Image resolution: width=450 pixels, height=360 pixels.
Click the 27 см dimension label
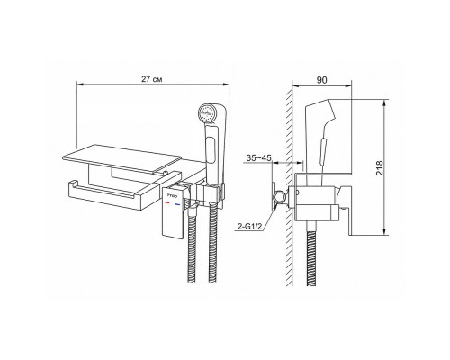(152, 79)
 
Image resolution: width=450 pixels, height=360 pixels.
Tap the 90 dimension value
(321, 80)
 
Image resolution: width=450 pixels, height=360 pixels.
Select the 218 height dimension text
(380, 168)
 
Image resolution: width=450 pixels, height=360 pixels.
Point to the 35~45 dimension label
(259, 158)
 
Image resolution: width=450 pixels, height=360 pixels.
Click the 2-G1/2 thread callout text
(250, 227)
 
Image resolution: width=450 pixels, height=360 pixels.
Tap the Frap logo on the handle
(172, 195)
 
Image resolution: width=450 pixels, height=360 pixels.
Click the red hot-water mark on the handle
(167, 203)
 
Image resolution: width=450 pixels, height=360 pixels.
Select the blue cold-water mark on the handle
(178, 205)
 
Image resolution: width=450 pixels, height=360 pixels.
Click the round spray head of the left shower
(207, 114)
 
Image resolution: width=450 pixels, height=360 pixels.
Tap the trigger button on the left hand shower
(211, 149)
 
